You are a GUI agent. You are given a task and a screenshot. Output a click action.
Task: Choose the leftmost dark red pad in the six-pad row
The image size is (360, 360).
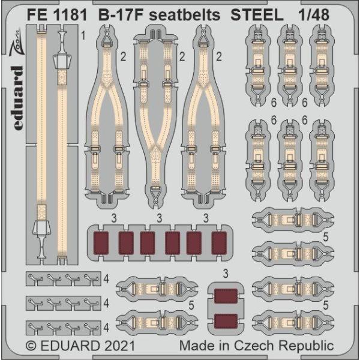tap(101, 243)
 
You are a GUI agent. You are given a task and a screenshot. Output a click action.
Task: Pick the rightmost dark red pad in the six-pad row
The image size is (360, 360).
tap(220, 243)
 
